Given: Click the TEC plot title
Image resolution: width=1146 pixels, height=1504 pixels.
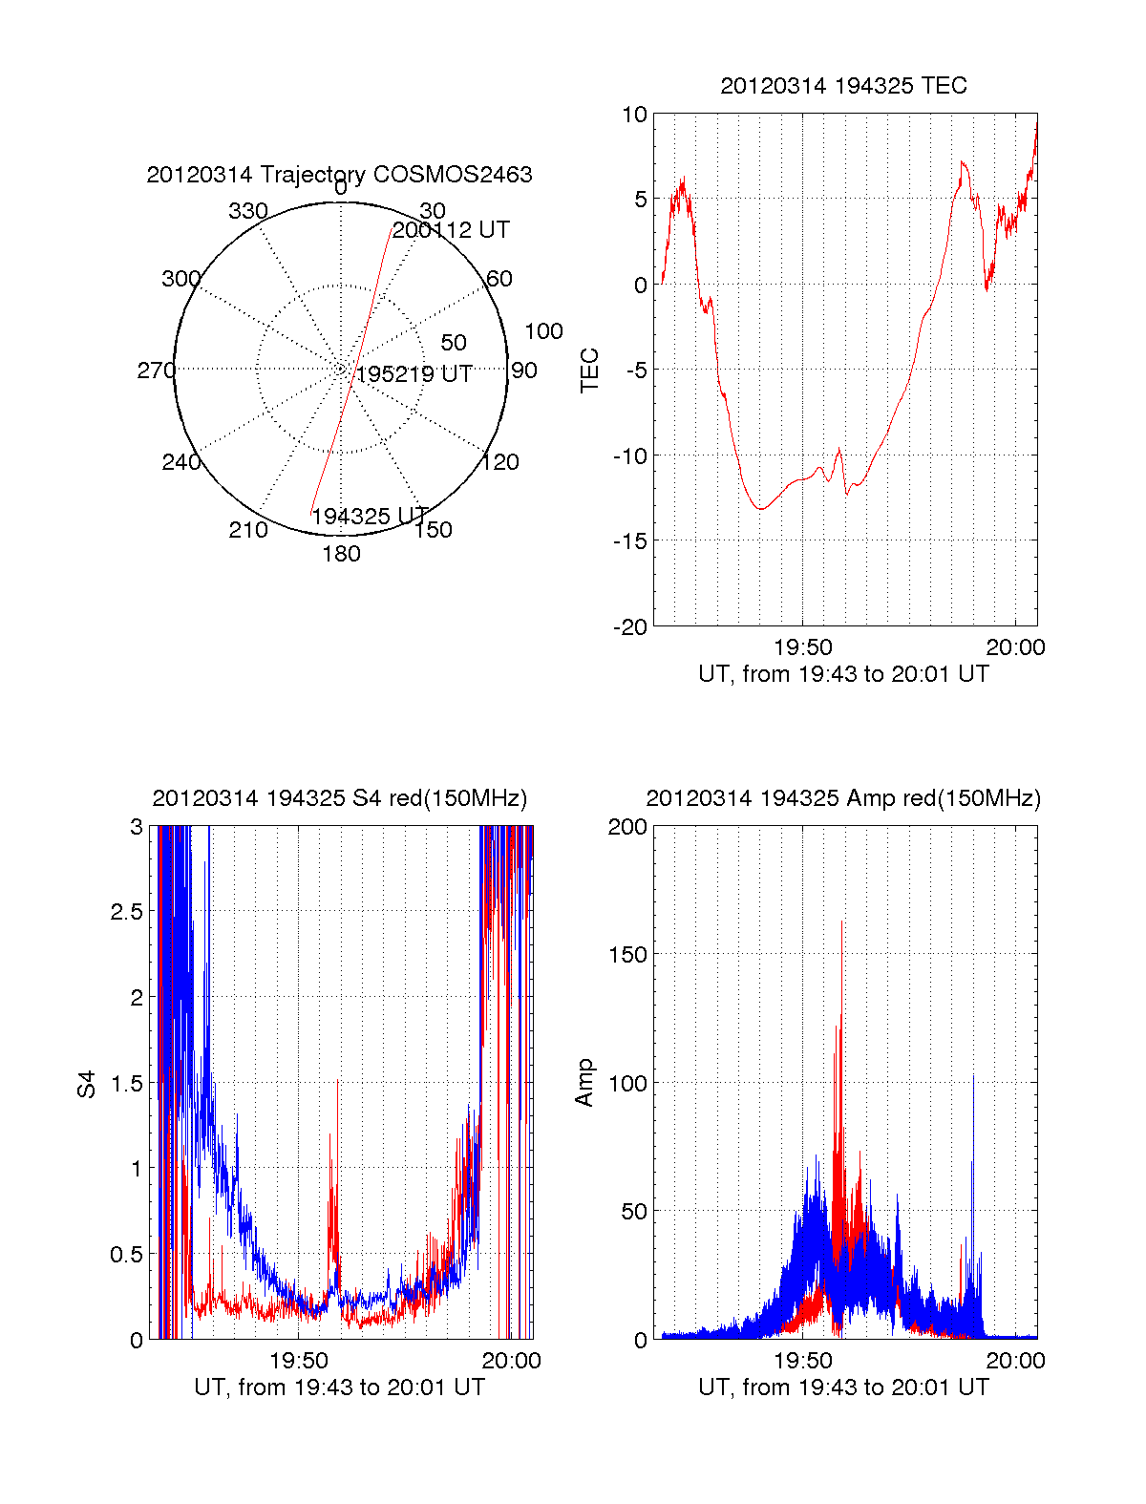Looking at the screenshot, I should click(843, 86).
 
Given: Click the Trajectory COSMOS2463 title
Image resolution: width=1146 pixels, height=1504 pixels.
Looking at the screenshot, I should click(339, 175).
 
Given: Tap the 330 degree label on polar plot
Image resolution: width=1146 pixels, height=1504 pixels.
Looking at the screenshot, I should click(248, 211).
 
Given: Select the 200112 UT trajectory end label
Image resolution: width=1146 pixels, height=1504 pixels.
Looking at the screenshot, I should click(451, 230).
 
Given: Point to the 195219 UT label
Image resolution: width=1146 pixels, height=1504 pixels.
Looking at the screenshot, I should click(414, 374).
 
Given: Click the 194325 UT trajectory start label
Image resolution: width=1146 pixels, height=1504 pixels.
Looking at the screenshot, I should click(370, 517).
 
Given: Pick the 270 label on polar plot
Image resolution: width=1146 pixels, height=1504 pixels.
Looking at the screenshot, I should click(156, 371).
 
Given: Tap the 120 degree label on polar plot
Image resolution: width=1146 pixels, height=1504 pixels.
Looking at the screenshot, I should click(500, 462).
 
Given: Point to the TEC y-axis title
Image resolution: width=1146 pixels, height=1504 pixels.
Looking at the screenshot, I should click(590, 371).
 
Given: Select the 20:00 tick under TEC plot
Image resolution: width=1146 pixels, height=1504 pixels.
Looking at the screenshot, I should click(1015, 647).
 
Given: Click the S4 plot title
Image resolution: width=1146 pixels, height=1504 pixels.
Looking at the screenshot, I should click(339, 798).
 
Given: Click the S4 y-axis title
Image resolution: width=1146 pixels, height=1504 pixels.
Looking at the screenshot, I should click(87, 1084).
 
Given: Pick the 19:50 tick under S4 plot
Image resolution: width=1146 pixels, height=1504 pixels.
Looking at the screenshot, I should click(299, 1361).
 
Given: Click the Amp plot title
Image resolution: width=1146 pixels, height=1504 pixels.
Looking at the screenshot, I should click(843, 798).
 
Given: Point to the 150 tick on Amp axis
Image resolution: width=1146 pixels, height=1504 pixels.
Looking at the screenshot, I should click(627, 954).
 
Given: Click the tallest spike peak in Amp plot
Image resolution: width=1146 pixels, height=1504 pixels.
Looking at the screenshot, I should click(841, 921).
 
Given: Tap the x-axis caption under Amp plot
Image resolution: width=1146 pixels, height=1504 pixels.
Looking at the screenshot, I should click(843, 1387).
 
